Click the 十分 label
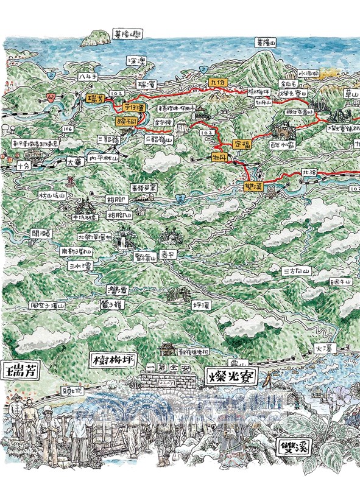[x=23, y=164]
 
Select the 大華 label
[x=73, y=163]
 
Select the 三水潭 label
[x=80, y=266]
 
